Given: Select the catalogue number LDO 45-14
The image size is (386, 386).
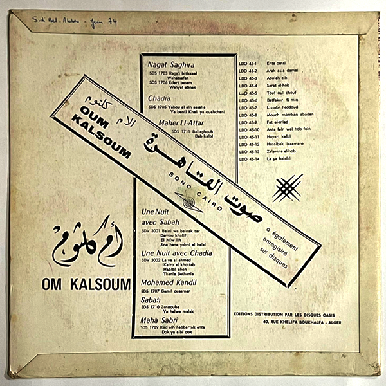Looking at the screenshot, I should coord(248,158).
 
